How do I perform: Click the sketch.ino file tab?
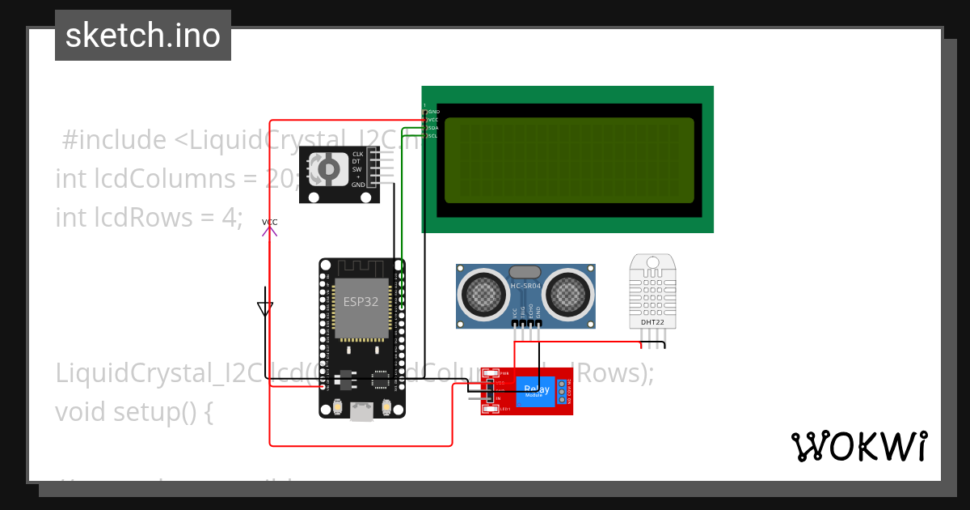pyautogui.click(x=143, y=36)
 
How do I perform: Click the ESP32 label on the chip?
pyautogui.click(x=361, y=302)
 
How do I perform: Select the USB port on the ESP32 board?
pyautogui.click(x=361, y=412)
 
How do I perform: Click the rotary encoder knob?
pyautogui.click(x=329, y=168)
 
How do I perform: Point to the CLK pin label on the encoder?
pyautogui.click(x=357, y=154)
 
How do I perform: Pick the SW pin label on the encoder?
pyautogui.click(x=356, y=169)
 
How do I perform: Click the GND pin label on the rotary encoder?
pyautogui.click(x=358, y=185)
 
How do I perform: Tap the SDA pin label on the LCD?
pyautogui.click(x=432, y=128)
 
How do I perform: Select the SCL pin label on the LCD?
pyautogui.click(x=432, y=136)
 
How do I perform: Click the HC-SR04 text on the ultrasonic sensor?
pyautogui.click(x=525, y=286)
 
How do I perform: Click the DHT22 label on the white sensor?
pyautogui.click(x=652, y=322)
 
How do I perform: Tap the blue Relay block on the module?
pyautogui.click(x=535, y=391)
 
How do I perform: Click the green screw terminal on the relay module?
pyautogui.click(x=561, y=391)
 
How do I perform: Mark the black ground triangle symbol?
pyautogui.click(x=265, y=308)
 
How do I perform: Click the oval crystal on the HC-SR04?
pyautogui.click(x=525, y=273)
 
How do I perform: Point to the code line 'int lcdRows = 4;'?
pyautogui.click(x=149, y=217)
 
